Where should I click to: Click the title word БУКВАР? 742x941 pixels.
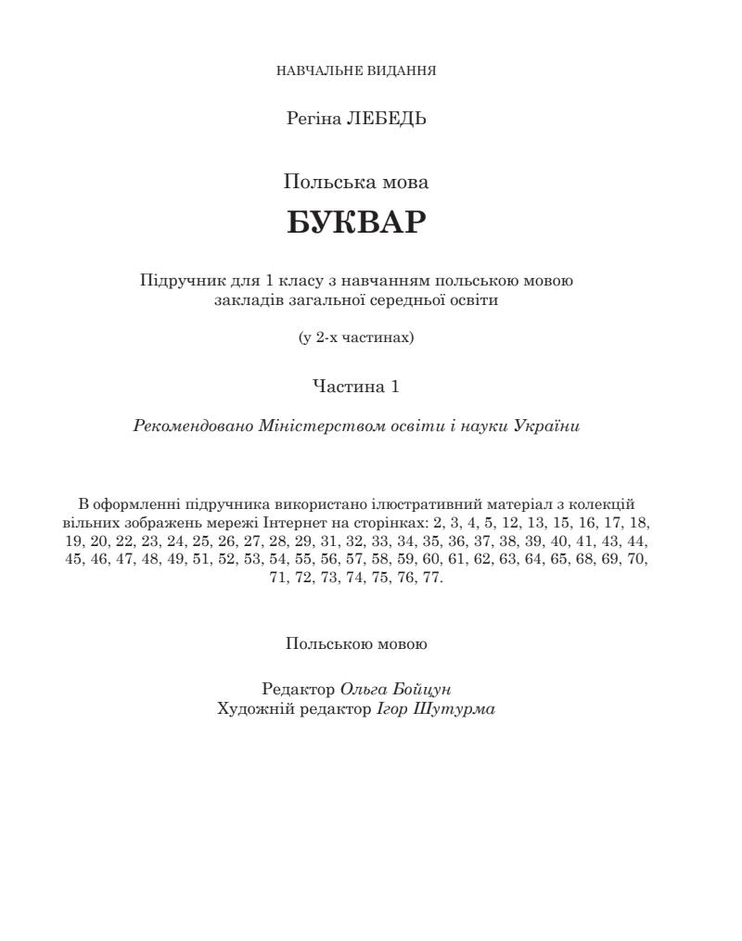coord(356,223)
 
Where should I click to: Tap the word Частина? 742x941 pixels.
coord(344,387)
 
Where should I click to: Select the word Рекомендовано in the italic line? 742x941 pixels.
coord(180,426)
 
